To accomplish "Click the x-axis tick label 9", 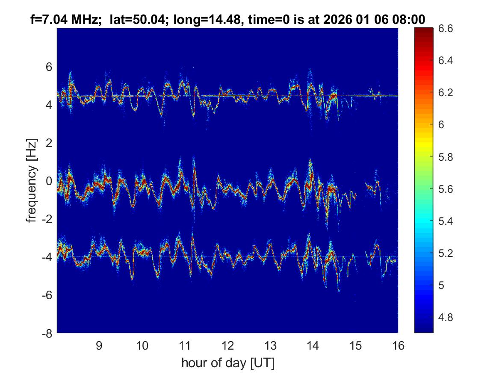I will coord(99,345).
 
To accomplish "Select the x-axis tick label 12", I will coord(227,345).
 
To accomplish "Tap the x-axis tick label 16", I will coord(398,345).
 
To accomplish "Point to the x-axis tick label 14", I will coord(313,345).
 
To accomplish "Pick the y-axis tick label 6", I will coord(49,67).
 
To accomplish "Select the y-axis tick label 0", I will coord(49,181).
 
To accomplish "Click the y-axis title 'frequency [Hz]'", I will coord(31,180).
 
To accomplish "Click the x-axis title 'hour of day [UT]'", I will coord(227,363).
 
